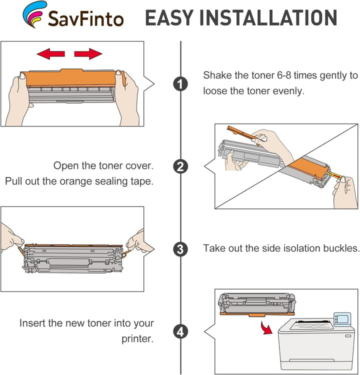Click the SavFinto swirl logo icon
click(34, 14)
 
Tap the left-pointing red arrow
click(50, 53)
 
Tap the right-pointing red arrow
click(88, 53)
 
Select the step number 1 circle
click(180, 84)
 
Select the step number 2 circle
click(180, 166)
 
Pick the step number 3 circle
click(180, 249)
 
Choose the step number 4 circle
click(180, 331)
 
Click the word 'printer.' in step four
click(137, 339)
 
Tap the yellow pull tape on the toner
click(335, 175)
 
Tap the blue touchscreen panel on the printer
click(342, 319)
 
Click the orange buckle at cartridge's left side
click(21, 250)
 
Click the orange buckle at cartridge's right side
click(126, 253)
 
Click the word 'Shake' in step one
click(217, 75)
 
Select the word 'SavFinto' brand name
click(85, 19)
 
